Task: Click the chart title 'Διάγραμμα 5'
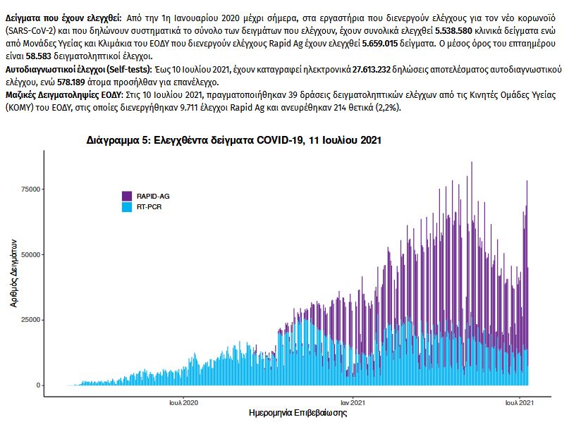[x=233, y=140]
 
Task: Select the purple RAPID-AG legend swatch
[x=127, y=196]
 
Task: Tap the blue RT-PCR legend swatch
[x=127, y=207]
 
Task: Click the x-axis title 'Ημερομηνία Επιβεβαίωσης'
[x=298, y=413]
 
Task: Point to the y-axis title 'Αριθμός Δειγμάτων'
[x=13, y=271]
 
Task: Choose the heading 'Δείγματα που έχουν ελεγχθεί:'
[x=62, y=15]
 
